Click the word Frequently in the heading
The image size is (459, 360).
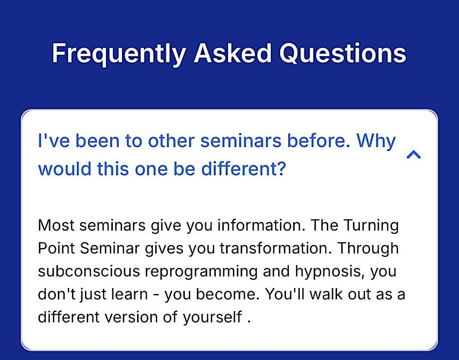point(119,54)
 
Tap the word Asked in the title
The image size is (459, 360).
point(233,53)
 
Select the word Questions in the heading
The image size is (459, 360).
point(343,53)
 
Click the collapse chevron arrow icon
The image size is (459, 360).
point(414,154)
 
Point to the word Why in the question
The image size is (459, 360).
point(376,141)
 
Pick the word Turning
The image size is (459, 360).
point(371,226)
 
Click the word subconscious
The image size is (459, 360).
point(89,271)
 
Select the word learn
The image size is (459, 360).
point(129,294)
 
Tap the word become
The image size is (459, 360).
point(228,294)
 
